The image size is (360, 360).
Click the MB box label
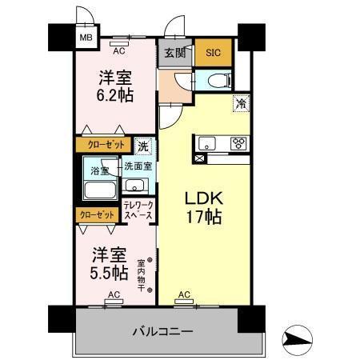84,37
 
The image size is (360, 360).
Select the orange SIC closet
213,53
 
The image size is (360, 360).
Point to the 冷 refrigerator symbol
239,102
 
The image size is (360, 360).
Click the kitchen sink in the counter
207,144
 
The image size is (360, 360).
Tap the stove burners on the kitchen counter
238,144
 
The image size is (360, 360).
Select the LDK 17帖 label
205,206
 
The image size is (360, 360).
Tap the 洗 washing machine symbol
142,146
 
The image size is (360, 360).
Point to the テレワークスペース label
138,210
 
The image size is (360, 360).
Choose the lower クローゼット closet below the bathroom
95,214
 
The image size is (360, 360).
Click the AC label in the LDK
184,295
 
